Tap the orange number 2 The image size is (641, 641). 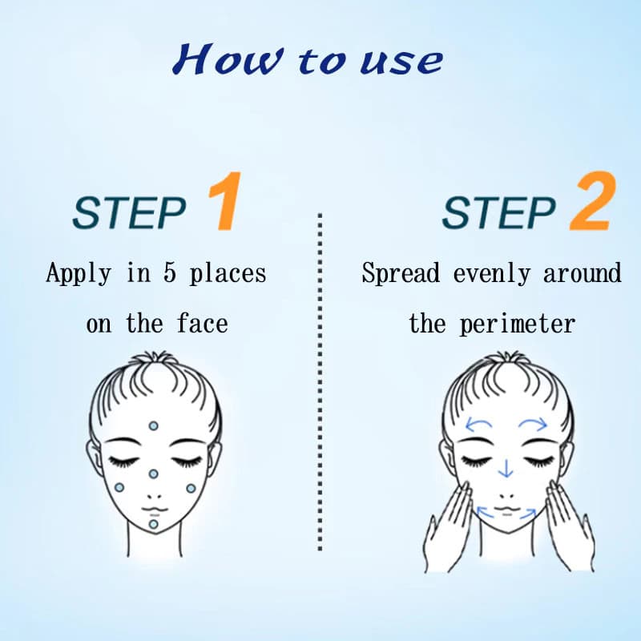[593, 201]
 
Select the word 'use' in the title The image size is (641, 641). [401, 62]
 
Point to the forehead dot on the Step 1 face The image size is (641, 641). [153, 426]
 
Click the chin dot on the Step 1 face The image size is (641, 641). [153, 524]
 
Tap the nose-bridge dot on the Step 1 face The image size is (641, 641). [153, 474]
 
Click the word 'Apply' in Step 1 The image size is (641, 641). [79, 273]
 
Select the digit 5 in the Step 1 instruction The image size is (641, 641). [170, 272]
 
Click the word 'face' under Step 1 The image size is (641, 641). [203, 324]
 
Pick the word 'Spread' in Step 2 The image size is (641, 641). [401, 273]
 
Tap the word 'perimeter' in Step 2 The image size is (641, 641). [517, 325]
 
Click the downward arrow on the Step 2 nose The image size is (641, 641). [506, 468]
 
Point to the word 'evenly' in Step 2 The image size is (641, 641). [492, 274]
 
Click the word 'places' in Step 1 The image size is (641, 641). [228, 274]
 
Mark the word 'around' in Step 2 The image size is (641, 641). [583, 273]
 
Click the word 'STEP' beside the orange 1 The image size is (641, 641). [129, 213]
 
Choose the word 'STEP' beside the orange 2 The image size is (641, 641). [499, 213]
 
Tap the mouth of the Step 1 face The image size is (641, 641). [154, 510]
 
